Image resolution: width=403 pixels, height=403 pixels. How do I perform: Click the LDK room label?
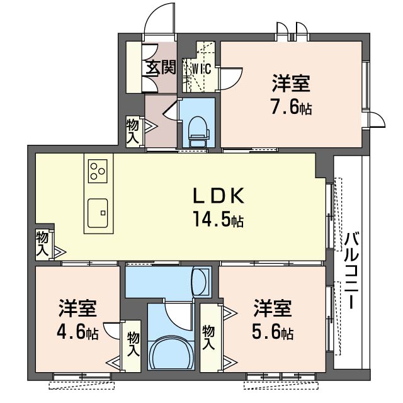[219, 196]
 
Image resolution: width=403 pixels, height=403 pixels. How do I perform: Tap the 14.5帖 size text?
[219, 219]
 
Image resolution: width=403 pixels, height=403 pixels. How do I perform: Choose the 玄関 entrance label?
[161, 67]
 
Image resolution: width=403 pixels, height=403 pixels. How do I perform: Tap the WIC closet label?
[201, 69]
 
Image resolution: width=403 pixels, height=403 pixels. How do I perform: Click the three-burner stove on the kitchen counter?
[98, 171]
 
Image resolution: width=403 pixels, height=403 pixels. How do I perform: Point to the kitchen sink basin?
[98, 213]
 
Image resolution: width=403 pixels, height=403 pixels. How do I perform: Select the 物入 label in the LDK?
[42, 244]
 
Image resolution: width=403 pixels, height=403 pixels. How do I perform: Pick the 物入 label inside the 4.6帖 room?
[133, 344]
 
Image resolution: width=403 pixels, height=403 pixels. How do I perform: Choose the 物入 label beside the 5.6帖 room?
[208, 338]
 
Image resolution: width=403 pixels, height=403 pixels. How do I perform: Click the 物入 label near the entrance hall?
[133, 131]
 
